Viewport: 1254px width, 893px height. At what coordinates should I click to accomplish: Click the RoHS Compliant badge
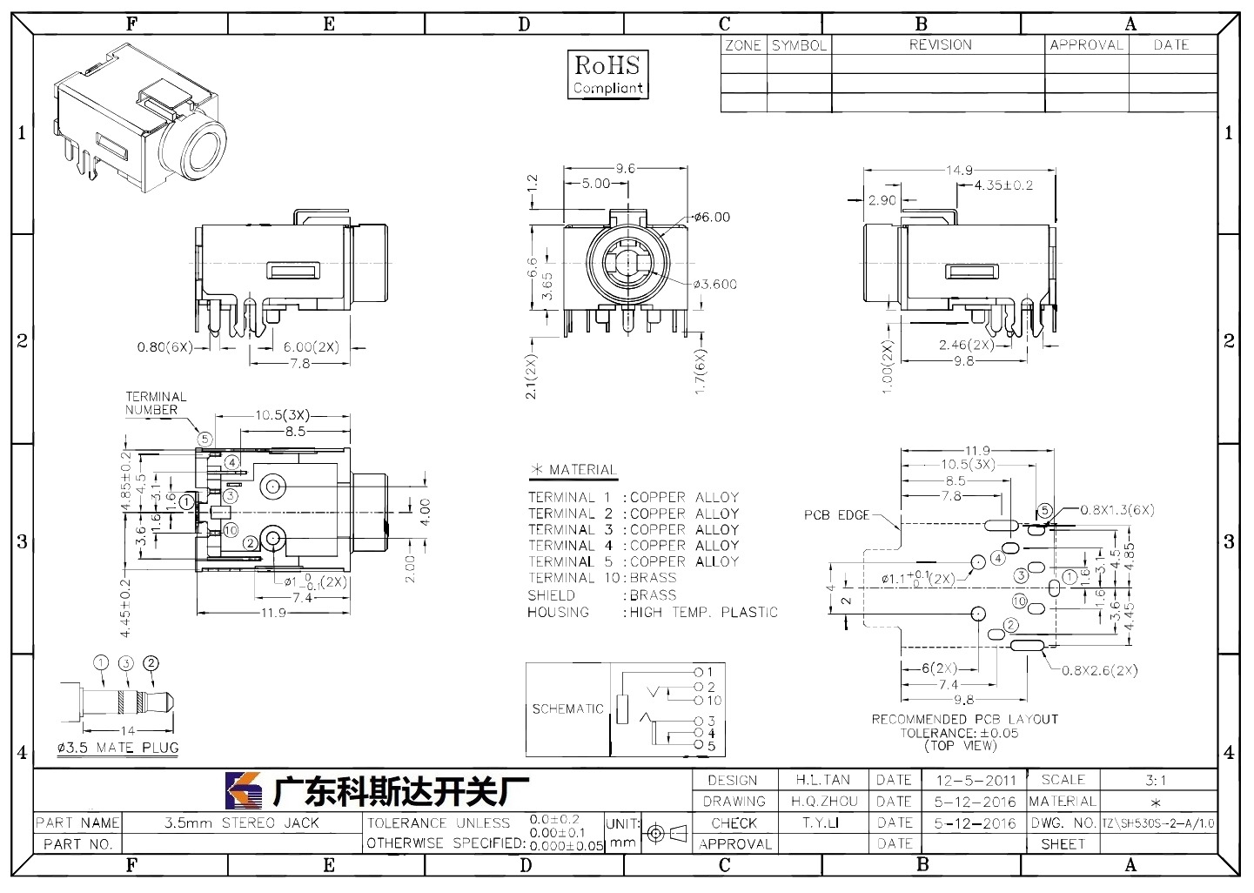click(608, 75)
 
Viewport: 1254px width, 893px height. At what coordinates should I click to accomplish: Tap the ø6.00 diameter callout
click(712, 218)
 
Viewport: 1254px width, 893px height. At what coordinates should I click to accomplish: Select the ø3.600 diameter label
click(714, 285)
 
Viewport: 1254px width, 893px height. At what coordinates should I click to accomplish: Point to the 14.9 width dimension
click(959, 170)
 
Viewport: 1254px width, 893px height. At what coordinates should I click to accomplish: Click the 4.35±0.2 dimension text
click(1003, 185)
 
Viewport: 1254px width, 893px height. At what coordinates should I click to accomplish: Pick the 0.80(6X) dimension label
click(165, 347)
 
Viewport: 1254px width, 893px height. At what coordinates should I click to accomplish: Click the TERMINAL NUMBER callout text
click(156, 403)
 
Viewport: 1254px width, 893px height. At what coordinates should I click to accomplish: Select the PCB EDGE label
click(836, 515)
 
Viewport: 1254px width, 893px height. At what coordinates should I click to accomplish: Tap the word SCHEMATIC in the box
click(567, 708)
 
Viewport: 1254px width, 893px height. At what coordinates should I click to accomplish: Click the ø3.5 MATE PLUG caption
click(117, 748)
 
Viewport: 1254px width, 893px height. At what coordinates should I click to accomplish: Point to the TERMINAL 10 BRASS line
click(602, 578)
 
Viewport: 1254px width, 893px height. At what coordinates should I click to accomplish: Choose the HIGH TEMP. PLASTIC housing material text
click(704, 612)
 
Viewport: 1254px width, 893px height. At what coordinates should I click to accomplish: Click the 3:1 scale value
click(1156, 780)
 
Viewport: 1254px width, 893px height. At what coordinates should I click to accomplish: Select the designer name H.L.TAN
click(823, 780)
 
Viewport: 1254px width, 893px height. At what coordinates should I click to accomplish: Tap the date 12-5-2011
click(976, 781)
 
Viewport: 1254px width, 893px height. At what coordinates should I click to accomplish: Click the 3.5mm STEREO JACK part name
click(242, 823)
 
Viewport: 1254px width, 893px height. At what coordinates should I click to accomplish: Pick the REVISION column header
click(941, 44)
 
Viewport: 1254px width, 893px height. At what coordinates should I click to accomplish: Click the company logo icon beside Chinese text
click(244, 790)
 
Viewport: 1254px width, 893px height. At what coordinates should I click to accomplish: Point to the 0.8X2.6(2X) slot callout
click(1099, 670)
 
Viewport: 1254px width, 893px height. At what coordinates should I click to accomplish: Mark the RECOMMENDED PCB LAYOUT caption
click(964, 719)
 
